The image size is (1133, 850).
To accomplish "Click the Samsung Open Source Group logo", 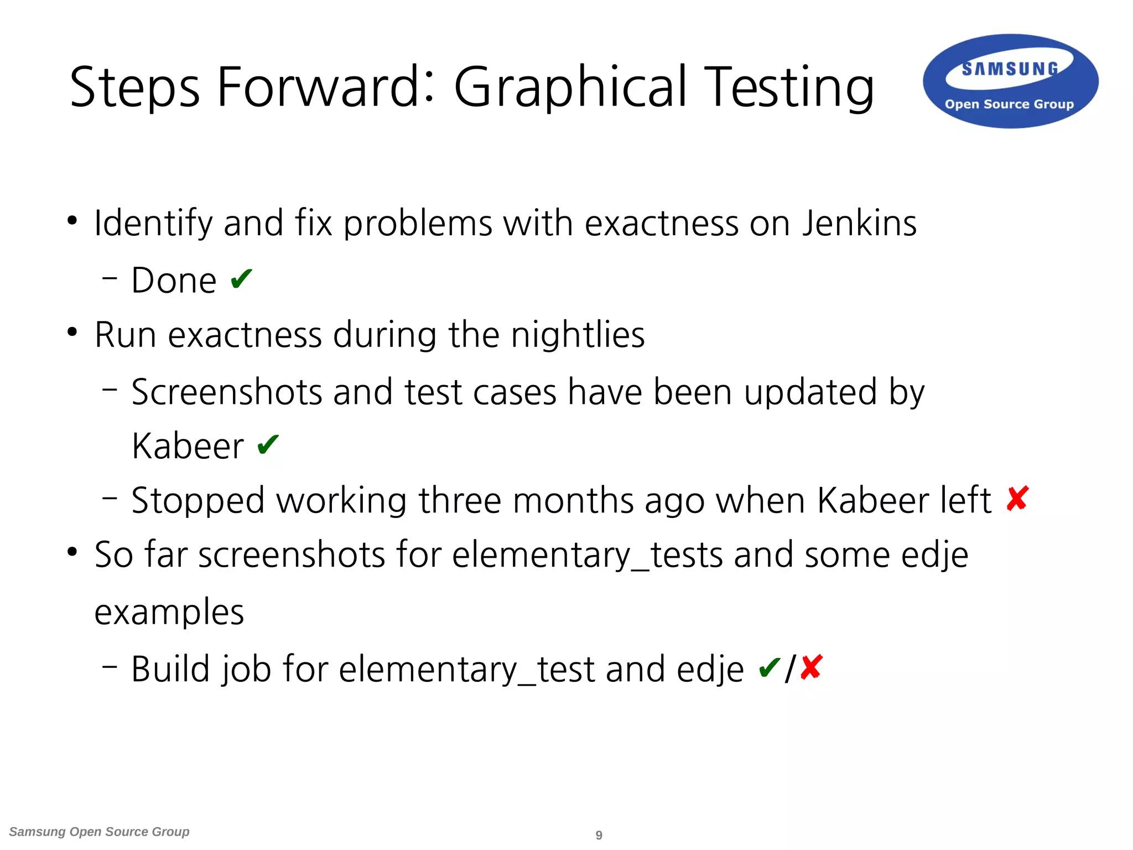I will pyautogui.click(x=1010, y=82).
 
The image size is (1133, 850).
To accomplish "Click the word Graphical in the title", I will pyautogui.click(x=570, y=87).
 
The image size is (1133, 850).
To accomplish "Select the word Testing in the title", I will pyautogui.click(x=791, y=87).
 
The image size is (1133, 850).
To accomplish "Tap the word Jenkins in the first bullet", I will pyautogui.click(x=859, y=224).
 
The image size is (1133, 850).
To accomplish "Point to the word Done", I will pyautogui.click(x=174, y=281).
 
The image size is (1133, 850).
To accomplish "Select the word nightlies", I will pyautogui.click(x=578, y=335).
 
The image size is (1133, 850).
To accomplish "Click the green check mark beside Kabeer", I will pyautogui.click(x=268, y=444).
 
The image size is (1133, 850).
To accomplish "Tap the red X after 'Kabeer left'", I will pyautogui.click(x=1017, y=499).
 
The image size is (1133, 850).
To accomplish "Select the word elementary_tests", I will pyautogui.click(x=587, y=554).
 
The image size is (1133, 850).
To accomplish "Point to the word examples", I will pyautogui.click(x=169, y=612).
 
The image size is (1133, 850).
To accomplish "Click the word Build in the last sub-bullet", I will pyautogui.click(x=170, y=669).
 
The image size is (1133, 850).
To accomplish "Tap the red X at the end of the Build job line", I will pyautogui.click(x=811, y=667).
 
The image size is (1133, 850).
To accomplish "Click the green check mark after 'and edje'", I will pyautogui.click(x=770, y=667).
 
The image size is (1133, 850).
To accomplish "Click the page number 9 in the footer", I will pyautogui.click(x=599, y=835).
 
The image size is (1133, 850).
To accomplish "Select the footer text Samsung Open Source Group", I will pyautogui.click(x=100, y=832).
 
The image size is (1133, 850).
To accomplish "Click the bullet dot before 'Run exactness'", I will pyautogui.click(x=72, y=333).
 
